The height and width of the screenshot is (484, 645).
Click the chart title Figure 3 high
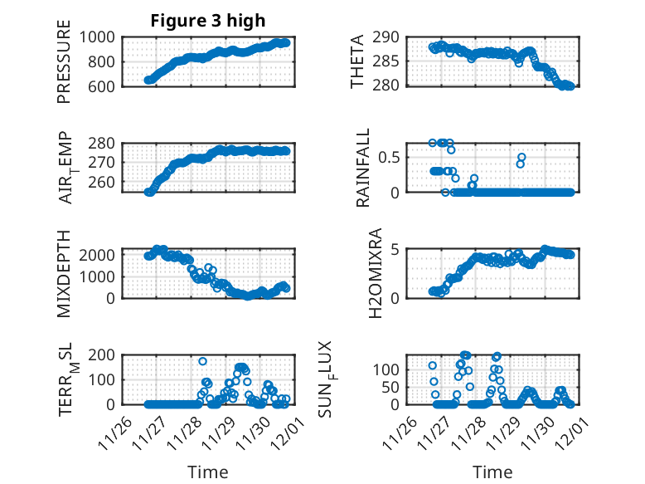pos(207,21)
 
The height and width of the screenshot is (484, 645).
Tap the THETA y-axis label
pos(357,61)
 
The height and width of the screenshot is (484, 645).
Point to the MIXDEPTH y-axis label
pos(64,273)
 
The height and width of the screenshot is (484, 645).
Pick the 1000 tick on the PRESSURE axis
pos(99,37)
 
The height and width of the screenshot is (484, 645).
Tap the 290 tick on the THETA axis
pos(387,37)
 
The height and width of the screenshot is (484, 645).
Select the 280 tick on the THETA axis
pos(387,86)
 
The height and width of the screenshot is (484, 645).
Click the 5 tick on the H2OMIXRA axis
pos(395,249)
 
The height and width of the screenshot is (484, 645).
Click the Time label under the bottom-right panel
pos(492,472)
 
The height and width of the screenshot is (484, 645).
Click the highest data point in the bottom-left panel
pos(202,361)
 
